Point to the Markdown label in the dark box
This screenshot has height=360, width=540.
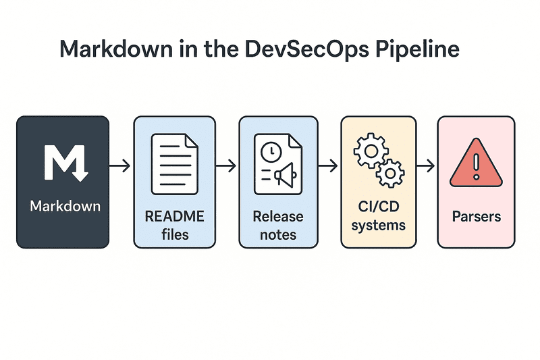coord(65,205)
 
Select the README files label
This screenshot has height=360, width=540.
coord(174,226)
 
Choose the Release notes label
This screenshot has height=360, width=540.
coord(278,226)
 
